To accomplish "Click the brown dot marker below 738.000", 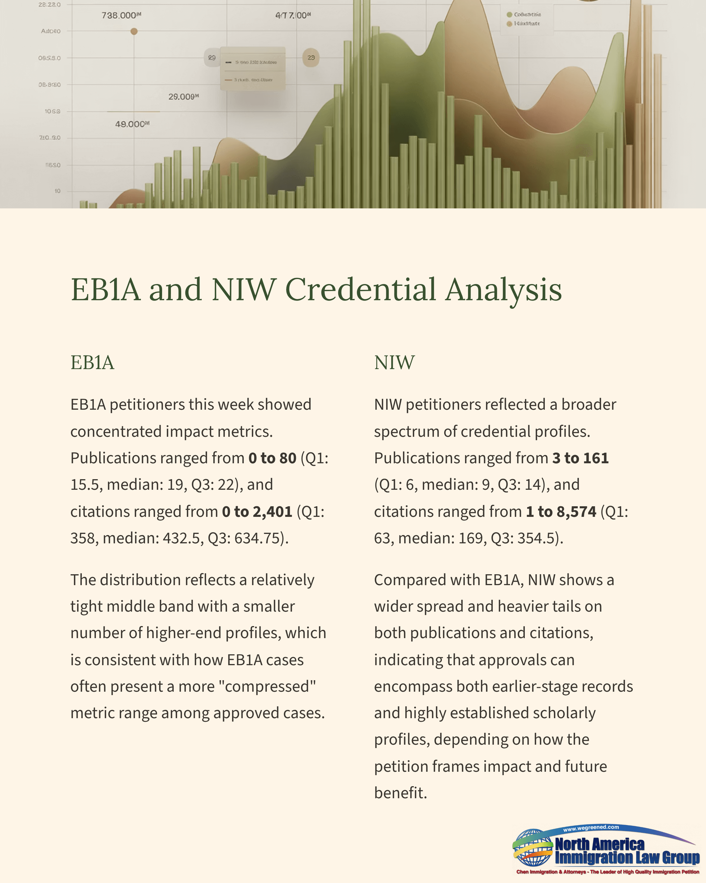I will (x=134, y=31).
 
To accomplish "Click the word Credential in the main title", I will (x=360, y=290).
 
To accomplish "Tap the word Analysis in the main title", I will (x=503, y=290).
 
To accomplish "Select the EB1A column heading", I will (x=92, y=362).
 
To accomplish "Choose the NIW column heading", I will (x=394, y=362).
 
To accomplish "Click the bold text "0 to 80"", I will (x=272, y=458).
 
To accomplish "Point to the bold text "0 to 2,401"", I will (x=257, y=512).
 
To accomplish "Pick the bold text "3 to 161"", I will (x=580, y=458).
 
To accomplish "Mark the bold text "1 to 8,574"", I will (x=561, y=512).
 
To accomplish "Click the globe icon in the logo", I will (x=532, y=848).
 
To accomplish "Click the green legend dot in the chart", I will (x=509, y=15).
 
